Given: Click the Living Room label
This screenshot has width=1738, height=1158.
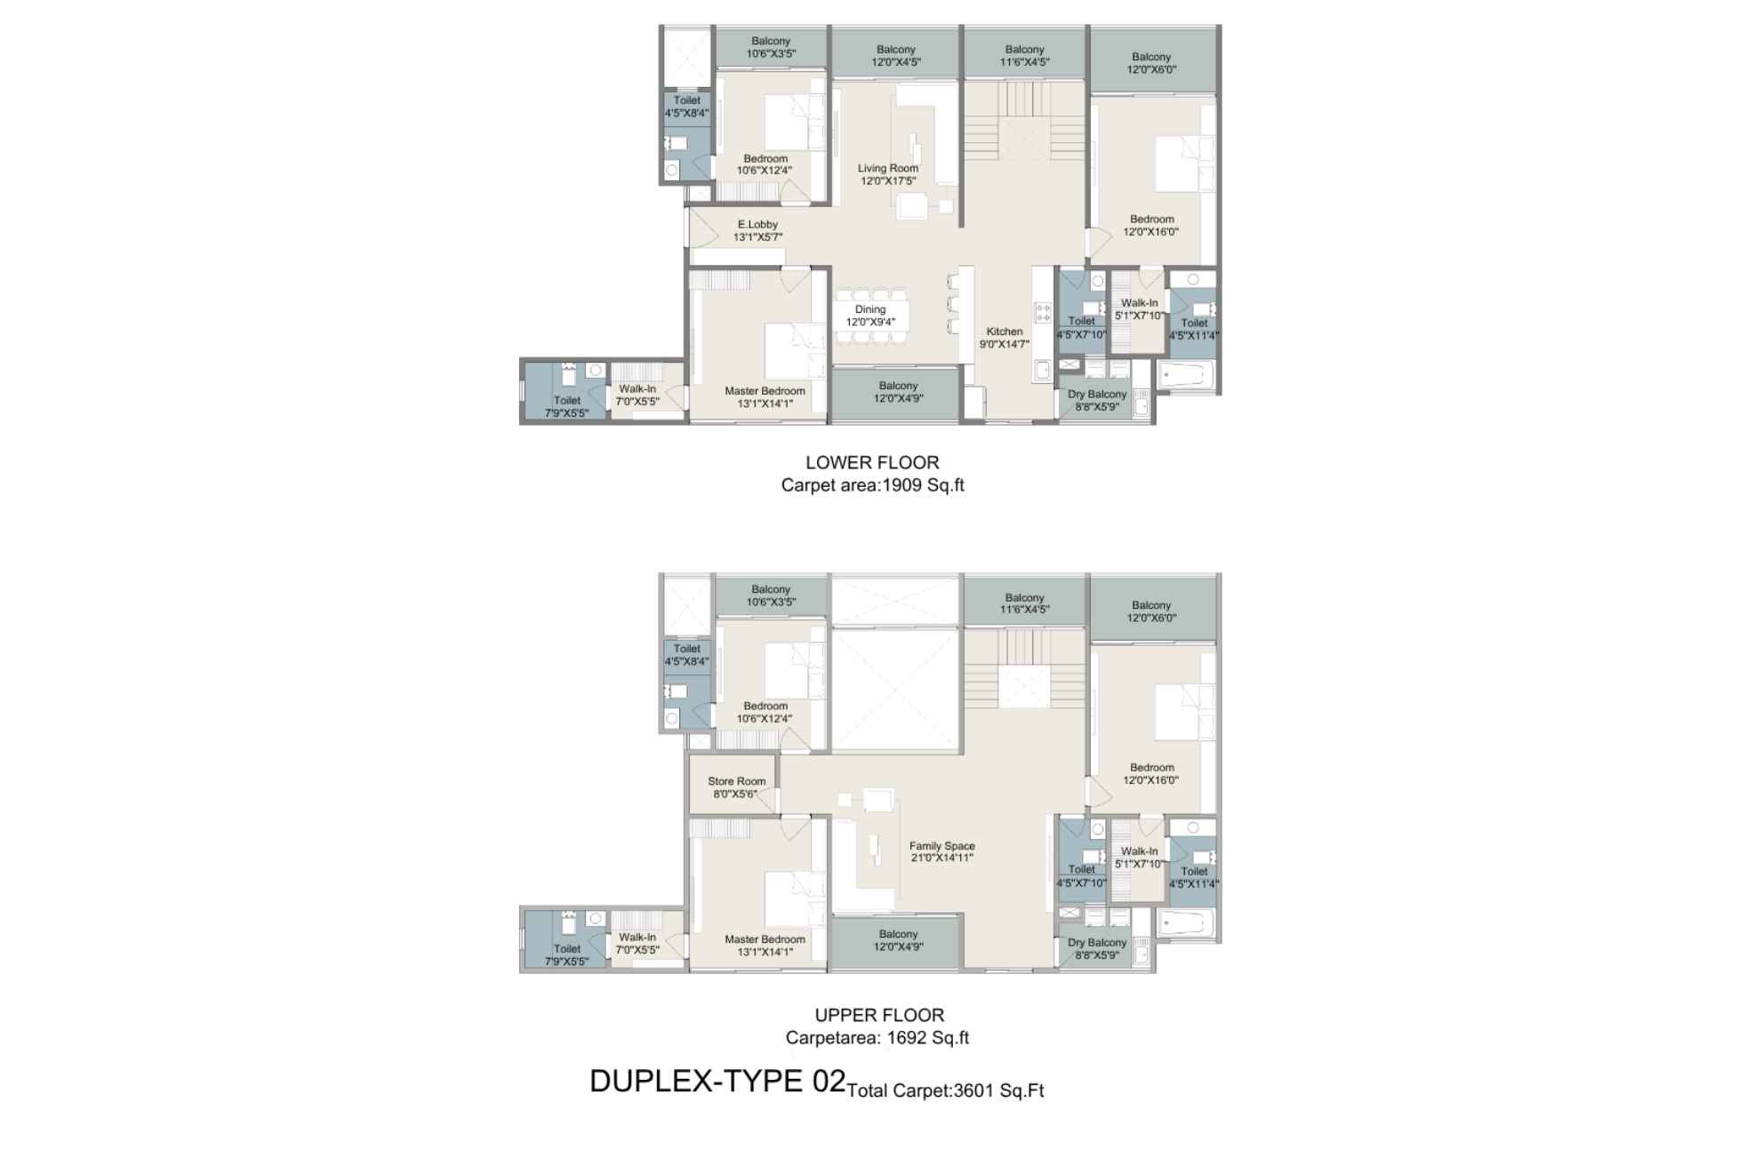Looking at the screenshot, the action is tap(888, 174).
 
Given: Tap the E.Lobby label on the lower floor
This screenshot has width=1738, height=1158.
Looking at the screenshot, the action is tap(757, 231).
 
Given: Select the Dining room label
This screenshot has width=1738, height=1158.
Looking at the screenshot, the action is tap(870, 315).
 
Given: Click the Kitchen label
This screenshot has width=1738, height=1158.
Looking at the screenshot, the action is tap(1005, 338).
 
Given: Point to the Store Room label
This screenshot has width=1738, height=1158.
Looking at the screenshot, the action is tap(737, 787).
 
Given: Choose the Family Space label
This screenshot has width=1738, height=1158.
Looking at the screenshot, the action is tap(942, 851).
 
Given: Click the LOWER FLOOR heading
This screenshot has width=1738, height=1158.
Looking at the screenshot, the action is tap(872, 462).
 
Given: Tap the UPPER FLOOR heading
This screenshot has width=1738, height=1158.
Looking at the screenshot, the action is tap(879, 1015).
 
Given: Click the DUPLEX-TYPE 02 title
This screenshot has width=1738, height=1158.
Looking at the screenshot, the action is tap(717, 1081).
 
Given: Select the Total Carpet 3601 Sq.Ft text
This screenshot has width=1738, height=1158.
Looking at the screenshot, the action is tap(946, 1090).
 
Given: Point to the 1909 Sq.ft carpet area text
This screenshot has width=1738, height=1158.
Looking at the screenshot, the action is tap(923, 485).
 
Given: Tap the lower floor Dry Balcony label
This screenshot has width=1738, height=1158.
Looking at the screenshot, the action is tap(1097, 401).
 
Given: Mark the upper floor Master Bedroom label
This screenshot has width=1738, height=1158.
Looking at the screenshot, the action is tap(765, 946).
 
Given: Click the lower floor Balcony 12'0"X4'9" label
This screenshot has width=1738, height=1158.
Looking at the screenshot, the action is tap(898, 392).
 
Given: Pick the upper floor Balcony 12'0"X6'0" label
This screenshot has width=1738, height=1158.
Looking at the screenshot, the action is tap(1151, 611).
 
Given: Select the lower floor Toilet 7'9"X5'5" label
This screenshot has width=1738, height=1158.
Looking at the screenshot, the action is tap(567, 406).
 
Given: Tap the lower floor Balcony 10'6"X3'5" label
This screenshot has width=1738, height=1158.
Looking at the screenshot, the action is tap(771, 47).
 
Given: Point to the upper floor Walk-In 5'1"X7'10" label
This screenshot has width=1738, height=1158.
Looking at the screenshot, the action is tap(1140, 858).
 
